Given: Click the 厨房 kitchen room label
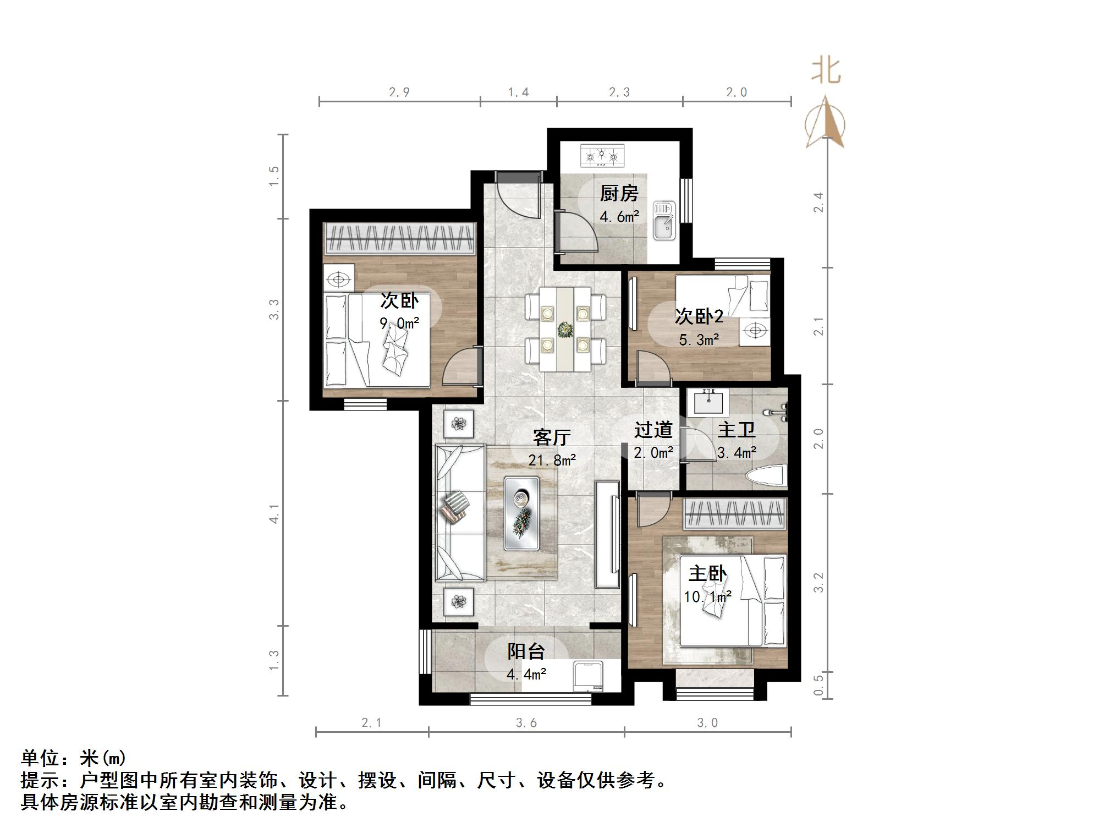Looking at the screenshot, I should (619, 193).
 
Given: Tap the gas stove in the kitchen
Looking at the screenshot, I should (602, 155).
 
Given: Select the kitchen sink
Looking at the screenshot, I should (664, 221).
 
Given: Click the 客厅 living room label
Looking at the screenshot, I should (551, 437).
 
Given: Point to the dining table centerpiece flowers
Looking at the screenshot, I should (565, 330).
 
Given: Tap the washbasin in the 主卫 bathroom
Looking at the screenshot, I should (708, 402).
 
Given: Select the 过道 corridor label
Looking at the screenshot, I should (653, 429).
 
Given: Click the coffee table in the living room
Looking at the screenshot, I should (521, 513).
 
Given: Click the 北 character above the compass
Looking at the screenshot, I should (826, 70).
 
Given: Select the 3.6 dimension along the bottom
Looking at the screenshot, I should (526, 722).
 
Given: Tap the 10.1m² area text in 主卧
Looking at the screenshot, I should (707, 596).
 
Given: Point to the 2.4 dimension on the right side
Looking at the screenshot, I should (818, 202).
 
